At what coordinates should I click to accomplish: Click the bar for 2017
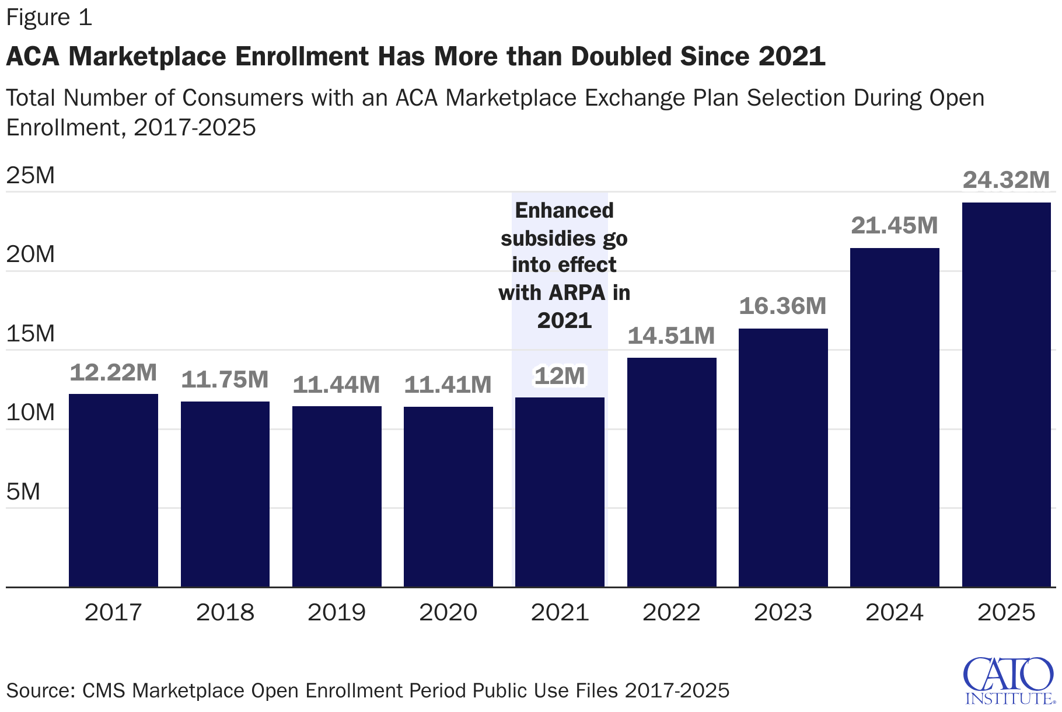tap(113, 490)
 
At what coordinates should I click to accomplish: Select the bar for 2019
tap(337, 496)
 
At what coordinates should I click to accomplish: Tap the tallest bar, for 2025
tap(1006, 395)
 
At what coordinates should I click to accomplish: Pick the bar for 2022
tap(672, 472)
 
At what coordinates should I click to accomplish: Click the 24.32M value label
tap(1006, 180)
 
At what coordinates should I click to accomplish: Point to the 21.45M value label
tap(895, 225)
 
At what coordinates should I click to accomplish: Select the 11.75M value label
tap(225, 379)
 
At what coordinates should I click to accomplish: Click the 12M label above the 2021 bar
tap(560, 376)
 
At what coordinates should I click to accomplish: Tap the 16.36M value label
tap(782, 306)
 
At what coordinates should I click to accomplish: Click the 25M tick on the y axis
tap(30, 175)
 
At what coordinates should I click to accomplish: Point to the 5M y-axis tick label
tap(23, 491)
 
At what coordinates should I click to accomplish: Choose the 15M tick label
tap(30, 333)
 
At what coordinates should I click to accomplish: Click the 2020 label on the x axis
tap(448, 612)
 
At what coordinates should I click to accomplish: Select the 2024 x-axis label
tap(895, 612)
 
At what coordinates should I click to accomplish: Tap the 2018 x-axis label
tap(225, 612)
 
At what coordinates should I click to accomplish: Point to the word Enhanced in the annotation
tap(564, 210)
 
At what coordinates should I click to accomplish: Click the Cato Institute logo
tap(1009, 680)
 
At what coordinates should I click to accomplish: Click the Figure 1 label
tap(49, 18)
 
